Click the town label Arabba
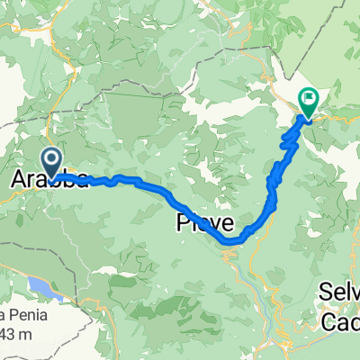[49, 181]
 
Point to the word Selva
[341, 291]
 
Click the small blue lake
[40, 288]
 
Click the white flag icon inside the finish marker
[309, 99]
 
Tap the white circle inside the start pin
[52, 159]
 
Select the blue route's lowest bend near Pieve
[232, 241]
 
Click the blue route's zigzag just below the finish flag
[290, 135]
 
